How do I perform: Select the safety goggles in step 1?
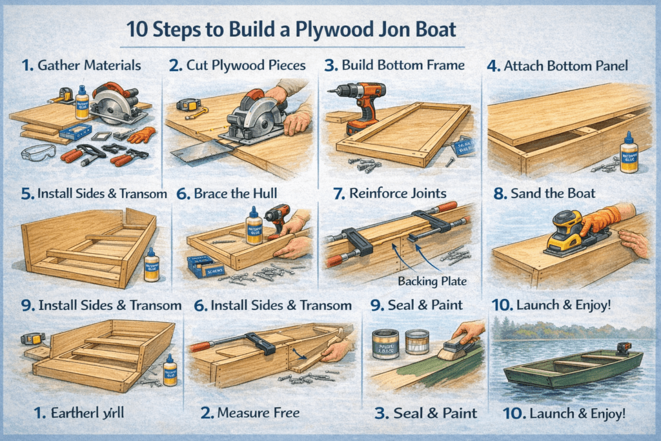click(x=38, y=153)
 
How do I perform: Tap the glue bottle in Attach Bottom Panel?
click(x=628, y=152)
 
